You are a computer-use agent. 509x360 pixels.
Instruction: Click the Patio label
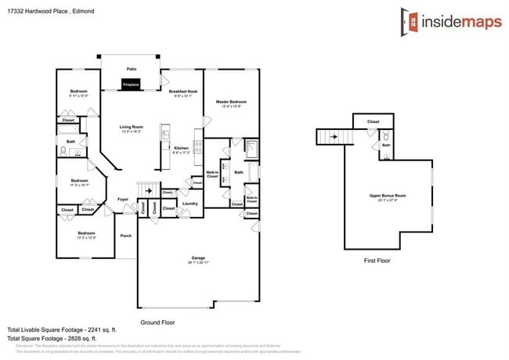(x=131, y=69)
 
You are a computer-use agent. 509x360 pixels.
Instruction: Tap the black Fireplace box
(x=131, y=84)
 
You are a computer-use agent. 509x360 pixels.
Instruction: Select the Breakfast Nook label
(x=182, y=92)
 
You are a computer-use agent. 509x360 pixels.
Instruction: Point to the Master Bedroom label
(x=232, y=103)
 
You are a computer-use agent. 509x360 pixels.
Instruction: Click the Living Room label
(x=131, y=127)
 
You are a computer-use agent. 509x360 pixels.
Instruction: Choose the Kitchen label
(x=181, y=148)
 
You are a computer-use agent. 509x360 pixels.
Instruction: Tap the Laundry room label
(x=190, y=203)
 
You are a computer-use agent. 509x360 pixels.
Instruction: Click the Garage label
(x=198, y=258)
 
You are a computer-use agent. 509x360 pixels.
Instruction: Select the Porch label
(x=125, y=236)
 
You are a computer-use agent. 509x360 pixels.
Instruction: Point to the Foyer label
(x=123, y=199)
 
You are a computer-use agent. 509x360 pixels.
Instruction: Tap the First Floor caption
(x=377, y=261)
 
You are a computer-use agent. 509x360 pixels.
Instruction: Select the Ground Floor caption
(x=157, y=322)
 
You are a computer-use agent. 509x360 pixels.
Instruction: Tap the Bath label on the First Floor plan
(x=386, y=145)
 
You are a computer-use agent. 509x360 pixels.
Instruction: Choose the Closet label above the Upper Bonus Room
(x=373, y=122)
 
